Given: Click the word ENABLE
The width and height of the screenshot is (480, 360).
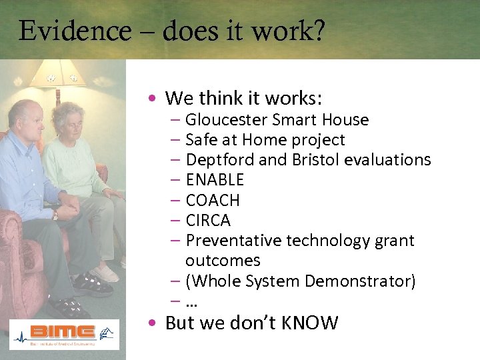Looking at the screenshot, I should (215, 180).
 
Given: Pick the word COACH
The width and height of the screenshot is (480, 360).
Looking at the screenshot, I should (213, 200).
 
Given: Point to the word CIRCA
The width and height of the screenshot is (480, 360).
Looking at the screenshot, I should (208, 220).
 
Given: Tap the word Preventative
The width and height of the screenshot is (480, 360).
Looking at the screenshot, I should (233, 240).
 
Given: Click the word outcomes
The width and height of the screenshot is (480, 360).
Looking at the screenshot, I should (223, 261).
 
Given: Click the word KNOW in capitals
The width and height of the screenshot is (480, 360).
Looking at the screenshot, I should (309, 323).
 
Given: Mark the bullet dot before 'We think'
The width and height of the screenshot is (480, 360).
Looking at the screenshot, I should (153, 99).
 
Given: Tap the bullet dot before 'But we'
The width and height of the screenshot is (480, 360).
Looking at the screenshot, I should (153, 323).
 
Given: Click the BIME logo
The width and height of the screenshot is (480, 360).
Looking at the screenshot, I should (64, 333).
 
